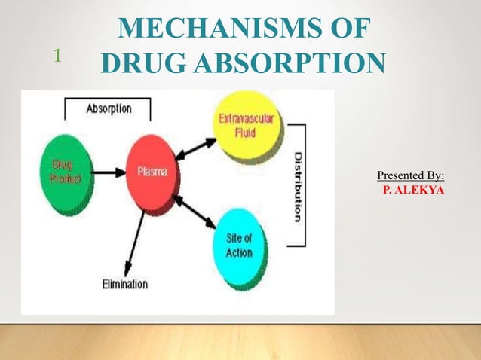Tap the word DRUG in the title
click(136, 62)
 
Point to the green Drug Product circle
click(65, 172)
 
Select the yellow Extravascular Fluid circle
click(247, 125)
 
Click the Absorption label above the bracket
click(109, 108)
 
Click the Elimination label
click(125, 284)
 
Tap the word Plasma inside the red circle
click(152, 171)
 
